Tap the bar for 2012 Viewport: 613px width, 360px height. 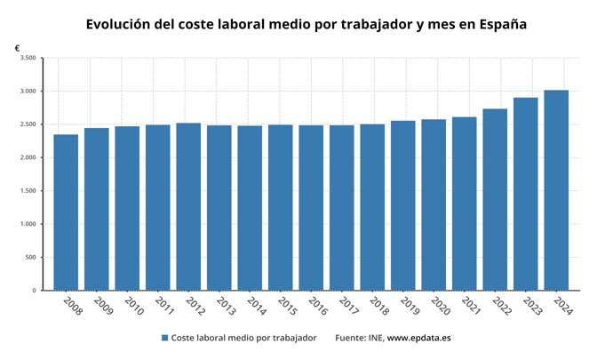pyautogui.click(x=188, y=206)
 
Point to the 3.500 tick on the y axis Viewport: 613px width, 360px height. pyautogui.click(x=28, y=58)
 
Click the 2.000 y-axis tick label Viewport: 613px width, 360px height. pyautogui.click(x=28, y=157)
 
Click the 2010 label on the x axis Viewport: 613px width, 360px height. pyautogui.click(x=132, y=306)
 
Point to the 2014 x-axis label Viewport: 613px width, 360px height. pyautogui.click(x=255, y=306)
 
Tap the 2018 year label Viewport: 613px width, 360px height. pyautogui.click(x=378, y=306)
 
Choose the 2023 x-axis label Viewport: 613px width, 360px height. pyautogui.click(x=530, y=306)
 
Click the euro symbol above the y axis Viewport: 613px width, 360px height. pyautogui.click(x=18, y=47)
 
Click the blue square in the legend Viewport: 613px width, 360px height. pyautogui.click(x=165, y=338)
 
